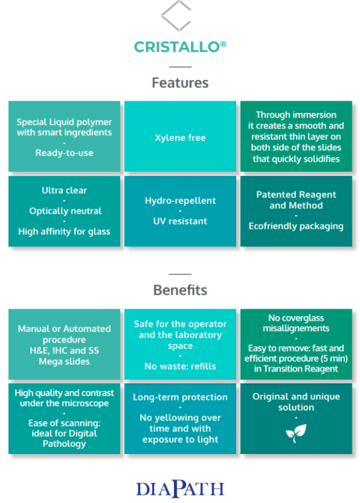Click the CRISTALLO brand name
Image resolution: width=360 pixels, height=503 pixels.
(x=177, y=47)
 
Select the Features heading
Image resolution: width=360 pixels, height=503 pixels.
(x=180, y=83)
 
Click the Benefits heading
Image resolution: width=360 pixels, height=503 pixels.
(x=180, y=290)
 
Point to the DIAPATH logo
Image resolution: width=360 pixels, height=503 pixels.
(x=180, y=489)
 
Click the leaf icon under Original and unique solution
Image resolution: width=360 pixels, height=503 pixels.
(x=296, y=433)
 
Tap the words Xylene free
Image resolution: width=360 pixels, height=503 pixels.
(x=180, y=138)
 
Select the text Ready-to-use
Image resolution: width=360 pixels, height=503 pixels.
(x=64, y=153)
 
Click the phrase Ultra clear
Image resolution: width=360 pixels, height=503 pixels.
(x=64, y=191)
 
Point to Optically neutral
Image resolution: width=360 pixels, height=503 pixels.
(x=65, y=211)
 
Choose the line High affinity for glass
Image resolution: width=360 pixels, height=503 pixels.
(x=64, y=231)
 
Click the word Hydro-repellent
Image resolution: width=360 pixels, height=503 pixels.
(x=180, y=201)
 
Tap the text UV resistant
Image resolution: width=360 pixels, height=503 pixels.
(x=180, y=221)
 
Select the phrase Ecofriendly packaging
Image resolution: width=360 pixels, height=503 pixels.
(x=296, y=226)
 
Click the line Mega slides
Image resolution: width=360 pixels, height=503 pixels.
(x=64, y=362)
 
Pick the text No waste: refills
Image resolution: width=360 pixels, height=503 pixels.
(x=180, y=366)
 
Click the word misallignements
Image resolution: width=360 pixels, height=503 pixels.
(x=296, y=328)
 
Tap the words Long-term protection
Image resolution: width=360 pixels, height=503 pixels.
(x=180, y=397)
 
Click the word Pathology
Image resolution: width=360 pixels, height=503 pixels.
(x=64, y=444)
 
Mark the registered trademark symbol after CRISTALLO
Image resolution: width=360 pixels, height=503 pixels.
(x=224, y=44)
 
